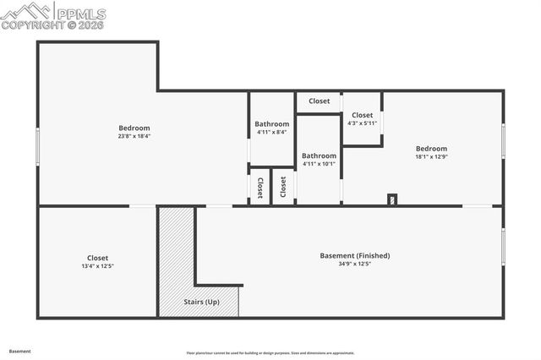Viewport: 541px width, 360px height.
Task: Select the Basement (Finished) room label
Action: point(354,255)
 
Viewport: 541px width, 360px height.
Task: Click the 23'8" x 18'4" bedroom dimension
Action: point(134,136)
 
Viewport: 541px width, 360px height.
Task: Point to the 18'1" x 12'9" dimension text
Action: point(431,156)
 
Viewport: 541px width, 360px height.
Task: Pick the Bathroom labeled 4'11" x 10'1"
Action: point(319,160)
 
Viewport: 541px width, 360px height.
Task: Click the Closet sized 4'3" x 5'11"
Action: point(362,119)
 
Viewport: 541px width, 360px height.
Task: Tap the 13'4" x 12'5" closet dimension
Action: point(97,266)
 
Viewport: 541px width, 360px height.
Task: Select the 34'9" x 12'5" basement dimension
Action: point(354,264)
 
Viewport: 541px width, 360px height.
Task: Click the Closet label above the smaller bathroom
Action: point(319,101)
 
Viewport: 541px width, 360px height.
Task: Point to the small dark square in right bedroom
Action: point(391,200)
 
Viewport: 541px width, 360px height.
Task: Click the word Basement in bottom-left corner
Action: point(19,351)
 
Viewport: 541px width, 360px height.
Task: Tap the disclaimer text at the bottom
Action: point(270,353)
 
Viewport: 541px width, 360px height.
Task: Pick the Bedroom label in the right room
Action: point(431,149)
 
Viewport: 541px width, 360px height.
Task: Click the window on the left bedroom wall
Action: point(38,148)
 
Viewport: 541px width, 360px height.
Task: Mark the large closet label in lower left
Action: point(97,258)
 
